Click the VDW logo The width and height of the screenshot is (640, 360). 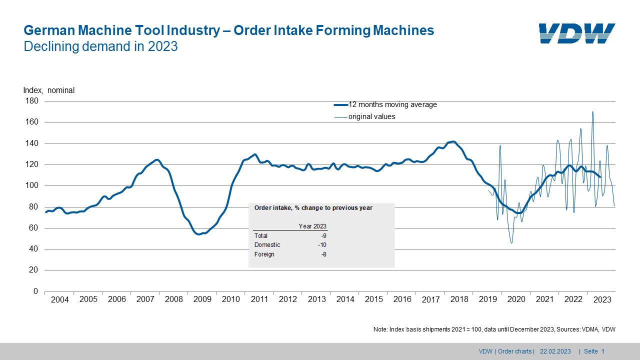pos(577,33)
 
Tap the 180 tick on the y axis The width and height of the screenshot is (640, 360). pos(32,101)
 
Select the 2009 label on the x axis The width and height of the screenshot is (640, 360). pos(202,299)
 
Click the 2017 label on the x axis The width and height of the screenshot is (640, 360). pos(430,300)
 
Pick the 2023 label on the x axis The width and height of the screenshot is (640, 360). pos(602,300)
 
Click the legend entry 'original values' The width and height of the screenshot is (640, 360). pos(371,116)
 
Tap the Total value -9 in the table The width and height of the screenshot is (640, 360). pos(324,235)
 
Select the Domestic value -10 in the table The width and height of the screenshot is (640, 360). pos(322,245)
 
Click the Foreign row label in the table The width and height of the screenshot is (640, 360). pos(264,254)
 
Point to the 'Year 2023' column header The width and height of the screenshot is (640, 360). pos(312,226)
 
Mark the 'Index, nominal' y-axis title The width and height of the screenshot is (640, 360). pos(49,90)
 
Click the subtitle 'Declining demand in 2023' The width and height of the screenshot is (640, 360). pos(101,46)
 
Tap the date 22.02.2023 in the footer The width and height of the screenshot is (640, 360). pos(555,351)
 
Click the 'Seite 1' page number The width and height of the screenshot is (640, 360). pos(595,351)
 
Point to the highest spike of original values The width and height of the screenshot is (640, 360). pos(592,112)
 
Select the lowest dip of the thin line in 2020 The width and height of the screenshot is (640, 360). pos(511,243)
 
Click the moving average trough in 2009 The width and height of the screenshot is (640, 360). pos(199,234)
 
